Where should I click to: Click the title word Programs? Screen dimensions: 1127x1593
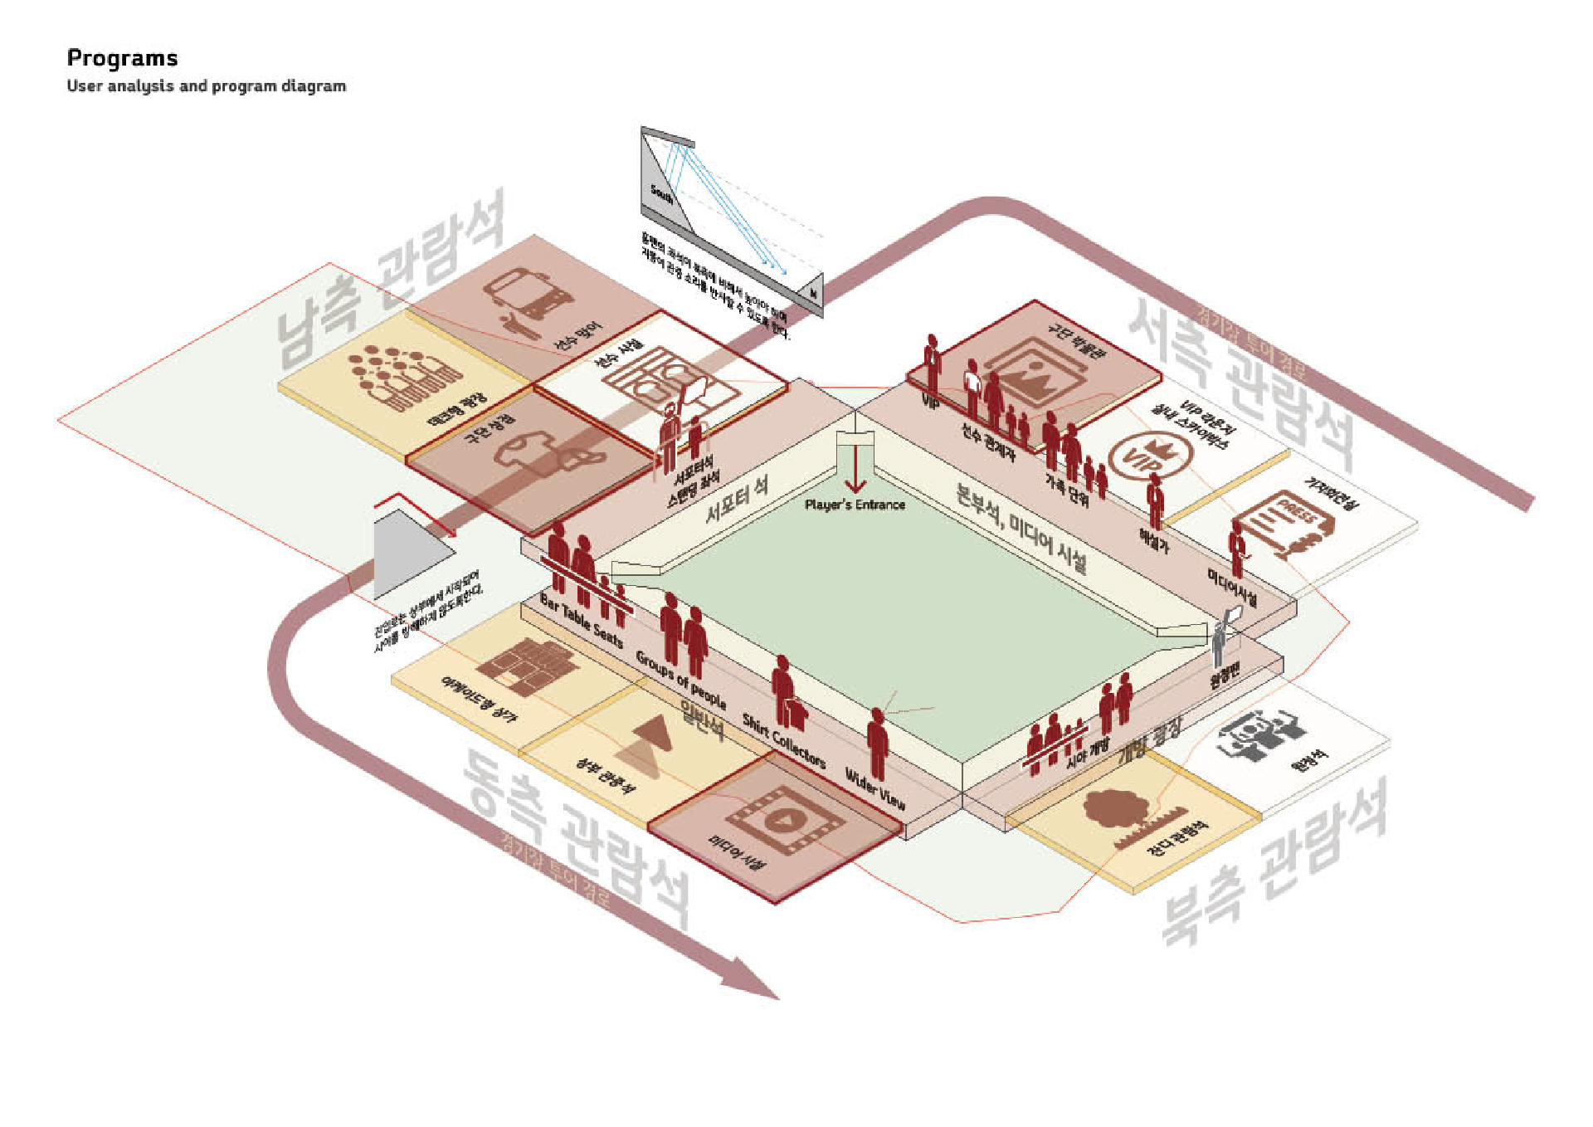122,58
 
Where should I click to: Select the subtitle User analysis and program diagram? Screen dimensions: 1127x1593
206,85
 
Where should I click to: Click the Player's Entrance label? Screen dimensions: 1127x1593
855,505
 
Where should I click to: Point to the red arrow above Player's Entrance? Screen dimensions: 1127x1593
855,473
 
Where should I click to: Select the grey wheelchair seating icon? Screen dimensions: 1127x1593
1261,735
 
